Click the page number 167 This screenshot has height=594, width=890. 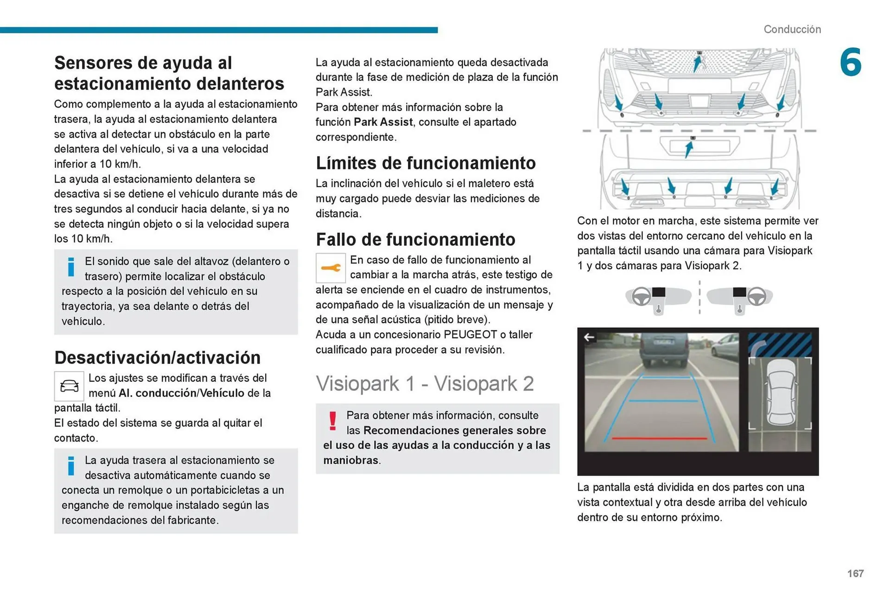point(855,574)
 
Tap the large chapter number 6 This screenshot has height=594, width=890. point(851,63)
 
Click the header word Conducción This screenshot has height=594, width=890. point(792,29)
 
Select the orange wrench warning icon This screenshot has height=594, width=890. point(331,268)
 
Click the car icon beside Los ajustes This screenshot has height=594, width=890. point(69,386)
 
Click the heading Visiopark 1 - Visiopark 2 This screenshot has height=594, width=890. point(425,384)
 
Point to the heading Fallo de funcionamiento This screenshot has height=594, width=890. point(415,240)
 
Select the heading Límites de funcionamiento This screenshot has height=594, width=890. point(426,163)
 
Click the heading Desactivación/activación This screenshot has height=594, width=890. point(157,358)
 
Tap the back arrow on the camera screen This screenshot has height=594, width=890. point(589,338)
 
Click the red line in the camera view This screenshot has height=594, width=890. point(659,438)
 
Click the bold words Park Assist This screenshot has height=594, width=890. point(383,122)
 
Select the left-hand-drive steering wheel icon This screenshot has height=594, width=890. point(642,296)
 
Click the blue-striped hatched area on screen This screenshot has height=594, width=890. point(780,344)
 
